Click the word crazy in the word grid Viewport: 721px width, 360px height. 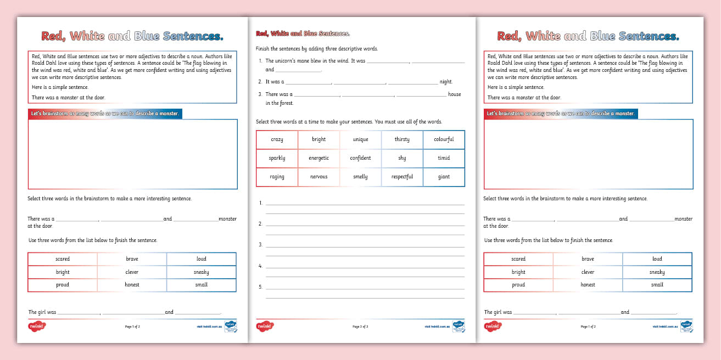pyautogui.click(x=277, y=139)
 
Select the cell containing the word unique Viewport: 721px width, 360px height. pyautogui.click(x=360, y=139)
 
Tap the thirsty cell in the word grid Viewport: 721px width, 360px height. pyautogui.click(x=402, y=139)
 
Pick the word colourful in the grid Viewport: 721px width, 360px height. pyautogui.click(x=444, y=139)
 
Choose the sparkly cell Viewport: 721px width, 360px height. pyautogui.click(x=277, y=158)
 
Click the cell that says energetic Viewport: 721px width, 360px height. pyautogui.click(x=318, y=158)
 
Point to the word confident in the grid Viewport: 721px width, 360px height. pyautogui.click(x=360, y=158)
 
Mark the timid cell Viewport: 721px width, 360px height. pyautogui.click(x=444, y=158)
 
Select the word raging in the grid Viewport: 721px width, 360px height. pyautogui.click(x=277, y=177)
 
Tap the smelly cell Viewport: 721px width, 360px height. pyautogui.click(x=360, y=177)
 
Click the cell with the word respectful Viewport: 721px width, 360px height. pyautogui.click(x=402, y=177)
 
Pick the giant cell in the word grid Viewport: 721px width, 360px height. pyautogui.click(x=444, y=177)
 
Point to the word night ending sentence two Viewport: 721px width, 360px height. pyautogui.click(x=446, y=82)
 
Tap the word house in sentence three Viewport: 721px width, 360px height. pyautogui.click(x=454, y=94)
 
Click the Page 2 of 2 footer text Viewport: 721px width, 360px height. pyautogui.click(x=360, y=327)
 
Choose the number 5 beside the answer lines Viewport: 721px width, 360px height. pyautogui.click(x=260, y=286)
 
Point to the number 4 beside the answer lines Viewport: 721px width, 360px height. pyautogui.click(x=260, y=266)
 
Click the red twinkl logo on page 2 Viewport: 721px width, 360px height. pyautogui.click(x=265, y=326)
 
